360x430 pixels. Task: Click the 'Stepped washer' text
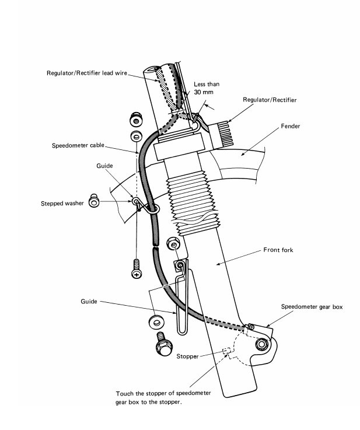click(x=64, y=204)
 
